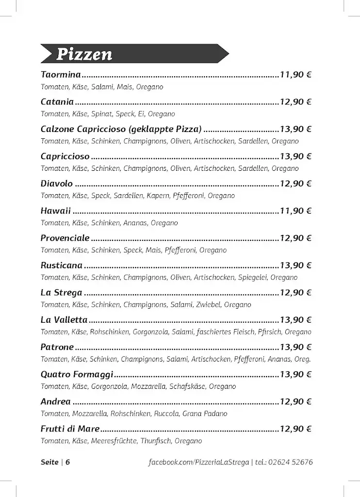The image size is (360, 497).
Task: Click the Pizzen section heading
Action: coord(84,54)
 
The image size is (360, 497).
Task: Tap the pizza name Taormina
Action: coord(61,75)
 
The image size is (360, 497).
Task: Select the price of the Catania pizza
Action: coord(295,102)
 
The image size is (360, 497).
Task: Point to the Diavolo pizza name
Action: coord(57,183)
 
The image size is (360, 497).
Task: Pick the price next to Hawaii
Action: coord(295,211)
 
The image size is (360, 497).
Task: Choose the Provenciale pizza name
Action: coord(65,238)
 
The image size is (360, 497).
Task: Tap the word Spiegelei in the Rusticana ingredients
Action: coord(252,278)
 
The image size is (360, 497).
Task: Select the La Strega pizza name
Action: coord(62,293)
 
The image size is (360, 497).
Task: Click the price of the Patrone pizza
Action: coord(295,347)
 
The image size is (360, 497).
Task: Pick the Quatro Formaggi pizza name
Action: coord(77,374)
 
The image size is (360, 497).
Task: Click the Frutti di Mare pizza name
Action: coord(70,429)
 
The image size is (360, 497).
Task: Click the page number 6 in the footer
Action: coord(67,462)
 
